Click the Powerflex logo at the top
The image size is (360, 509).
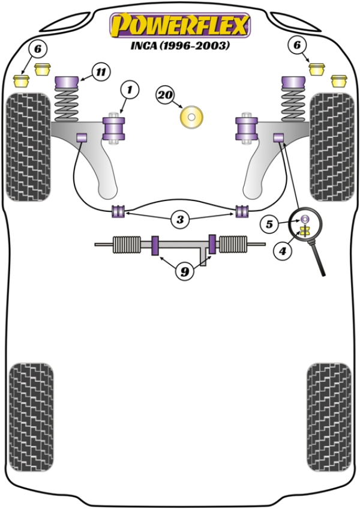coord(179,25)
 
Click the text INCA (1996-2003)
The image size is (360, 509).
coord(179,46)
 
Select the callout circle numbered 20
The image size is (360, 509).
coord(166,94)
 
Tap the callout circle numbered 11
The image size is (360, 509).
coord(101,73)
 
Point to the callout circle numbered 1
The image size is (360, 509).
coord(128,91)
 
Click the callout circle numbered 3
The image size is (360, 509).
coord(180,220)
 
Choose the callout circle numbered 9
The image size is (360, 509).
coord(185,272)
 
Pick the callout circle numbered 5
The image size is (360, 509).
coord(269,224)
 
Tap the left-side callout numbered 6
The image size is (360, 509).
coord(38,48)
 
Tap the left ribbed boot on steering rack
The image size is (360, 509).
coord(128,244)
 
